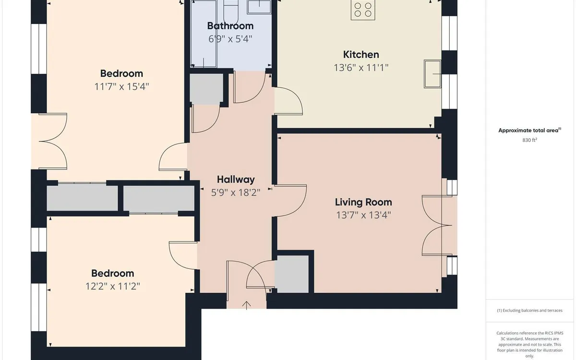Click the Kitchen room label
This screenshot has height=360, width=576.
coord(361,55)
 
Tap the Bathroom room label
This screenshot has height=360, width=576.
coord(230,26)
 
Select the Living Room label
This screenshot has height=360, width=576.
coord(363,202)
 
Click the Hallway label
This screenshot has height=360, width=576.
coord(236,180)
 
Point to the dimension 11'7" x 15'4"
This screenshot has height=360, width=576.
coord(121,86)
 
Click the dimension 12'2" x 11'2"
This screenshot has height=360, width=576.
coord(113,286)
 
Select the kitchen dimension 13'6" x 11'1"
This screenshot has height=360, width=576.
coord(361,68)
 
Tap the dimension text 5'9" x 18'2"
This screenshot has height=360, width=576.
coord(236,192)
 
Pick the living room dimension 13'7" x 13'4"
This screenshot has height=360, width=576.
coord(363,215)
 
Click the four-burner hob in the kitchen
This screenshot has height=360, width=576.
coord(363,10)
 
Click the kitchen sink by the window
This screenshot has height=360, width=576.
coord(432,74)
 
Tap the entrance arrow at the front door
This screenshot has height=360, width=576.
coord(246,305)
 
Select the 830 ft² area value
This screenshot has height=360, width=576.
coord(529,140)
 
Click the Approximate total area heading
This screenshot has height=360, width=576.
coord(530,131)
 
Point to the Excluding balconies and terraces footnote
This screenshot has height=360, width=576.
coord(529,311)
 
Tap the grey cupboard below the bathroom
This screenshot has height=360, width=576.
coord(206,89)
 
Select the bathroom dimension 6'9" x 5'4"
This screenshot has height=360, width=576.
coord(230,39)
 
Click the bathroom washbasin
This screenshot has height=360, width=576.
coord(259,7)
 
